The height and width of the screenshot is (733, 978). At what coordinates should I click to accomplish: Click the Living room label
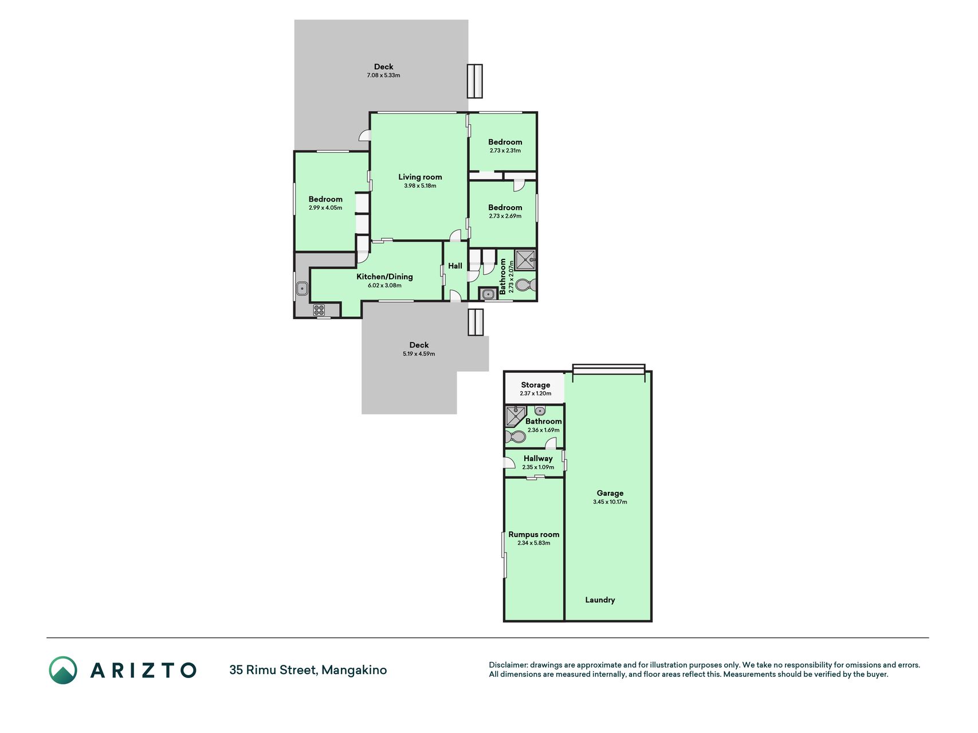[420, 177]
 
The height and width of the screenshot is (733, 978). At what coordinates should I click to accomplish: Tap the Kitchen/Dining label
[384, 277]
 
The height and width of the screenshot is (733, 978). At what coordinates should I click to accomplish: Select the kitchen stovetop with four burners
[319, 310]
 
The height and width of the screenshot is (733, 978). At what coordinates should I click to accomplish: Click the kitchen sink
[302, 289]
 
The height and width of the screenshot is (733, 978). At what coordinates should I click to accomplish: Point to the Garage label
[610, 493]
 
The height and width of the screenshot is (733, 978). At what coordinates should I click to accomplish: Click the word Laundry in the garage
[600, 600]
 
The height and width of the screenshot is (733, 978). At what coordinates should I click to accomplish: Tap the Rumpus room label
[533, 534]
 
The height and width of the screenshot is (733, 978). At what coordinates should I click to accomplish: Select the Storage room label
[535, 385]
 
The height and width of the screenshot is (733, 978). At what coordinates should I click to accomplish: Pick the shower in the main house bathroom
[525, 260]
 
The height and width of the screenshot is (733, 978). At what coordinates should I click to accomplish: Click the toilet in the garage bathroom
[515, 438]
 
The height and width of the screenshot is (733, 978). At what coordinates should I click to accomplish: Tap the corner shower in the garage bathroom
[516, 416]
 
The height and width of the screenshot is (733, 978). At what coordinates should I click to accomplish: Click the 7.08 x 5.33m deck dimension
[383, 76]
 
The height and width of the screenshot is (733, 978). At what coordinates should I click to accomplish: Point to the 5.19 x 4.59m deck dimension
[419, 354]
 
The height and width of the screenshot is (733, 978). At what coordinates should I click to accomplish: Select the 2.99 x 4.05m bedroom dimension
[325, 208]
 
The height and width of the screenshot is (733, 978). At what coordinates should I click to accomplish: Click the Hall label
[455, 266]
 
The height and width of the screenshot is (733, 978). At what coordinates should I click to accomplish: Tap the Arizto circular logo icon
[63, 670]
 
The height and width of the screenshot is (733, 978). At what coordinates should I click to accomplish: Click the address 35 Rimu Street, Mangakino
[308, 670]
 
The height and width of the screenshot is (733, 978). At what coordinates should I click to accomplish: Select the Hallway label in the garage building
[538, 458]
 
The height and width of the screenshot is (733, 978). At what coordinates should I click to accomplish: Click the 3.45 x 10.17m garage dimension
[610, 502]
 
